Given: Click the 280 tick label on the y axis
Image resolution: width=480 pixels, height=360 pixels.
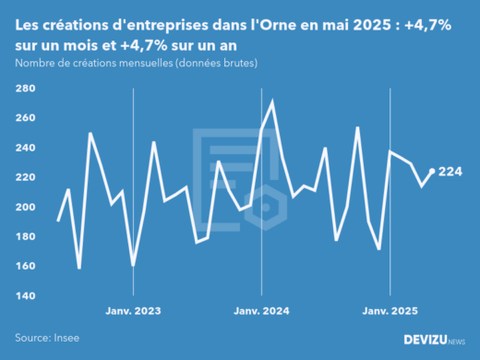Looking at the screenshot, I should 25,89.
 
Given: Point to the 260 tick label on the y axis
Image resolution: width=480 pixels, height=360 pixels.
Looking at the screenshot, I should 25,118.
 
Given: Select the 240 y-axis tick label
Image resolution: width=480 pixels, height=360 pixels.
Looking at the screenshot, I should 25,148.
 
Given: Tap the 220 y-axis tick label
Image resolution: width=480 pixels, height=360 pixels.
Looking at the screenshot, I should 25,177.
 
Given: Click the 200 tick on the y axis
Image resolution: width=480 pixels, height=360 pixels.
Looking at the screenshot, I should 25,207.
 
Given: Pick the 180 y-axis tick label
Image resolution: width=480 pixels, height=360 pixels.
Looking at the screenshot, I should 25,236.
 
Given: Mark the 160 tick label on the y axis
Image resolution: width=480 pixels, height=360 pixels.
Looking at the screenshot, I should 25,266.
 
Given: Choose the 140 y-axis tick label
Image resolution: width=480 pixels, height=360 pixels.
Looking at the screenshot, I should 25,295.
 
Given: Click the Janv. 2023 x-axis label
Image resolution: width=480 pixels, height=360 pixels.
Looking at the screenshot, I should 134,311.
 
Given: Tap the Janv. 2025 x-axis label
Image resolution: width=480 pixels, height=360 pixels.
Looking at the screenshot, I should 390,311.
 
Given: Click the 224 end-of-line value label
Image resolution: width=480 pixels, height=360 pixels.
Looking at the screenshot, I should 450,172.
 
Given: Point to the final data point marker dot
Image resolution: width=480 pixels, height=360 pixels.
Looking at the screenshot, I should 433,171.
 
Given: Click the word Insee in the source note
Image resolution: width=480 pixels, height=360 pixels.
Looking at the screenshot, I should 68,338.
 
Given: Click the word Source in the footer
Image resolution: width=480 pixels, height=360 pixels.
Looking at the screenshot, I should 33,338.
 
